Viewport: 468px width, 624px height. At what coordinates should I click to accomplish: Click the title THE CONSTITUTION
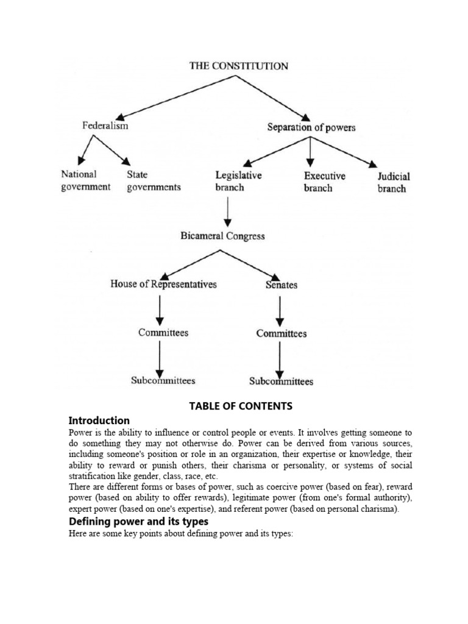238,66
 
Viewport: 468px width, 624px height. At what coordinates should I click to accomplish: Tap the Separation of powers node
311,127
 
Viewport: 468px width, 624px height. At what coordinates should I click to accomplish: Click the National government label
86,181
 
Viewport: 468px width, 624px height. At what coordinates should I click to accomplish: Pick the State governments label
154,181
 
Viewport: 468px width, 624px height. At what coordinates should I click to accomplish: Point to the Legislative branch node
238,181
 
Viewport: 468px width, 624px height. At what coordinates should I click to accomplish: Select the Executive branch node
324,182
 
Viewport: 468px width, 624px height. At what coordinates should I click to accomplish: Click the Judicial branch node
394,182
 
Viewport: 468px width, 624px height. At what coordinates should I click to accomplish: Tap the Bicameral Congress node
222,236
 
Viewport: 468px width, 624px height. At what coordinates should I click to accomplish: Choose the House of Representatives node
163,284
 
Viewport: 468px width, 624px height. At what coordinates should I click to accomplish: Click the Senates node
281,285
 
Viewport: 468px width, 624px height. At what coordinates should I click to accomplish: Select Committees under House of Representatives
163,333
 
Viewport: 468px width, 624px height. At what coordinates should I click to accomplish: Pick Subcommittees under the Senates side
281,381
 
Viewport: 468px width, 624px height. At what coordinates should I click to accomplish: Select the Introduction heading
99,420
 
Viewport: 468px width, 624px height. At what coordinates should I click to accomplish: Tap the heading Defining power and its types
138,522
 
